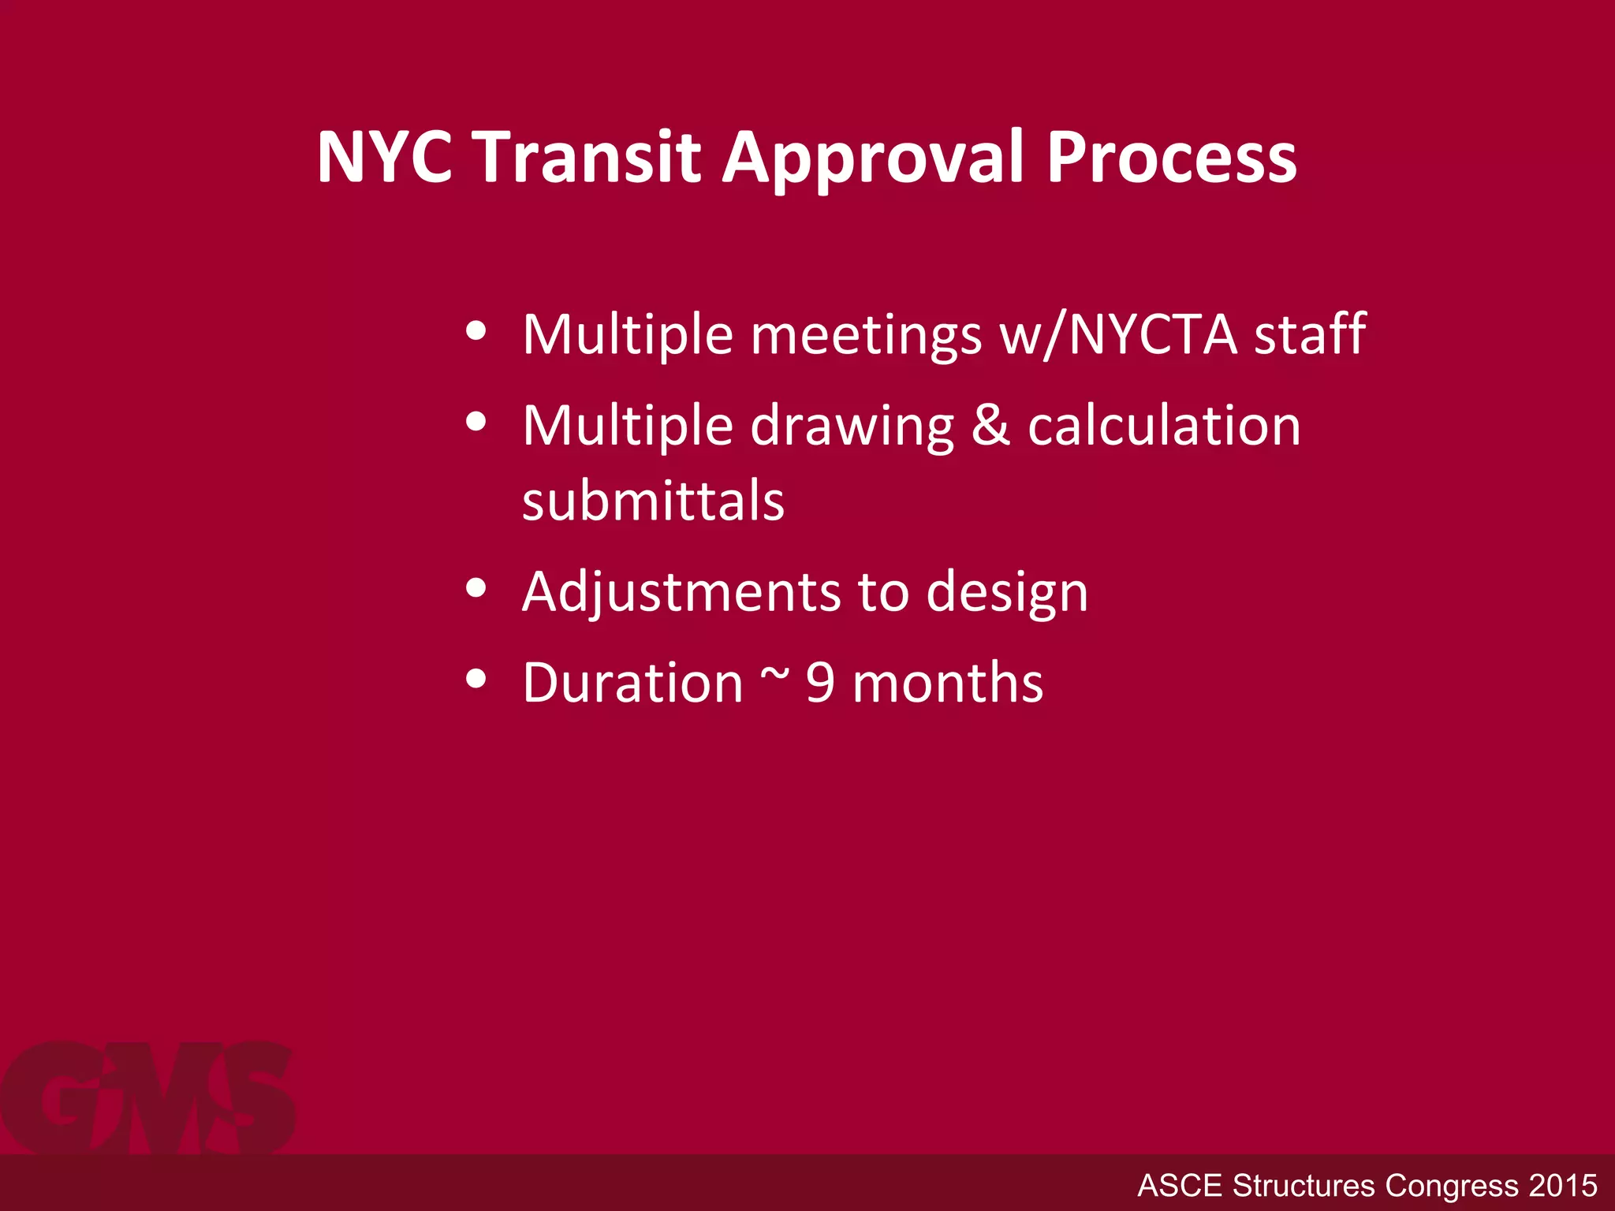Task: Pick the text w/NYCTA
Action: [1118, 335]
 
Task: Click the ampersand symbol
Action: [990, 426]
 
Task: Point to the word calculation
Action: [1164, 426]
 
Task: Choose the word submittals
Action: [653, 501]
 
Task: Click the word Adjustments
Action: [681, 593]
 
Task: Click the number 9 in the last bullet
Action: [820, 683]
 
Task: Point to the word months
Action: [948, 683]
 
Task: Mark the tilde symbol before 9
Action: [774, 676]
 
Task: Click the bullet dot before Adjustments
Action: [476, 588]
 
